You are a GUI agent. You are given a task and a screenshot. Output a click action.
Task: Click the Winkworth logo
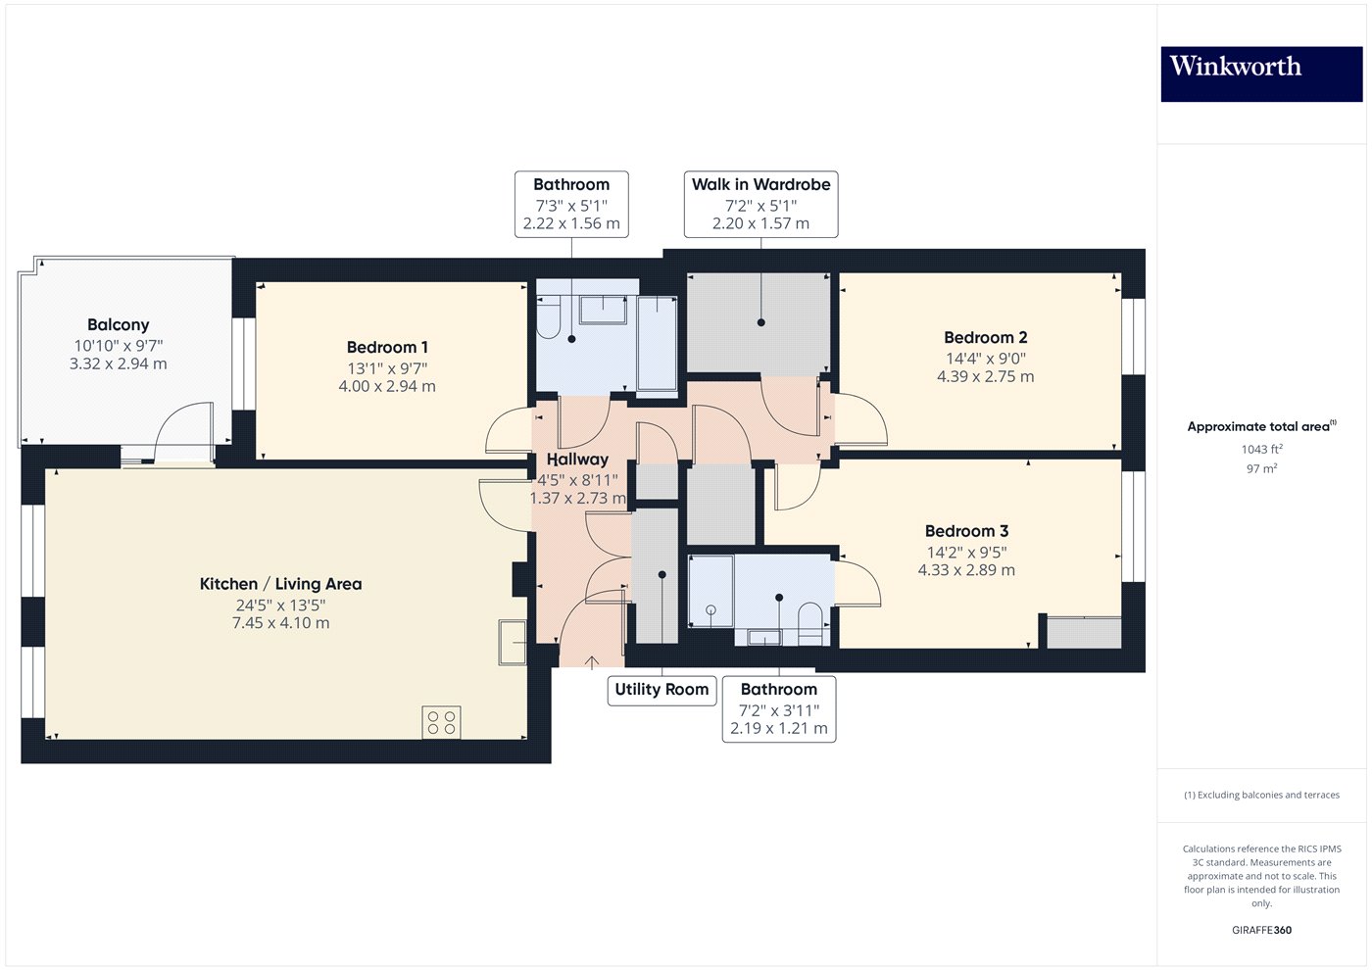(1260, 73)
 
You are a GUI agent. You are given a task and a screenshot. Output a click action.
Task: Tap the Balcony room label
(118, 325)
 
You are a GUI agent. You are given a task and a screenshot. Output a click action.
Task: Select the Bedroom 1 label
(387, 348)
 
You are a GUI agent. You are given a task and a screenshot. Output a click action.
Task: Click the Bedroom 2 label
(985, 338)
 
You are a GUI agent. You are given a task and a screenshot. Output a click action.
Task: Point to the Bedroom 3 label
(966, 531)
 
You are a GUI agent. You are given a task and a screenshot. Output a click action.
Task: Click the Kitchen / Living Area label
(280, 584)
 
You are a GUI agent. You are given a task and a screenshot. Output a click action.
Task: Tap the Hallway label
(577, 460)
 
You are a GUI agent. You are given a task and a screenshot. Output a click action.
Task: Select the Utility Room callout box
(661, 690)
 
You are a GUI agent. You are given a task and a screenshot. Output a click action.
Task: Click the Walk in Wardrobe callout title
(760, 184)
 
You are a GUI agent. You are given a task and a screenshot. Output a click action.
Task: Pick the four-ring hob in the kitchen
(441, 723)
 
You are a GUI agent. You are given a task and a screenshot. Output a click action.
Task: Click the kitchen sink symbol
(513, 643)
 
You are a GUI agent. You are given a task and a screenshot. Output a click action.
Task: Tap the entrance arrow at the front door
(592, 662)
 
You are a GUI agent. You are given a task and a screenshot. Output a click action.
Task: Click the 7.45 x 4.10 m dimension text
(280, 623)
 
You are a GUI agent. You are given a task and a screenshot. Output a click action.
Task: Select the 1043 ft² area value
(1261, 450)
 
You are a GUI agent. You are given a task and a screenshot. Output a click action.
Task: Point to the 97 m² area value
(1261, 469)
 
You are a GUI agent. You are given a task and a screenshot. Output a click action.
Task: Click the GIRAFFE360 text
(1261, 930)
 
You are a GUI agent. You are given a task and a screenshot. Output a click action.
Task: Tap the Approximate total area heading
(1260, 426)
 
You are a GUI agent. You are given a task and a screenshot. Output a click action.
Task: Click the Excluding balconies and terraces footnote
(1261, 795)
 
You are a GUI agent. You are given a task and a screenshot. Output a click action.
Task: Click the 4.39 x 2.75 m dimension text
(985, 376)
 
